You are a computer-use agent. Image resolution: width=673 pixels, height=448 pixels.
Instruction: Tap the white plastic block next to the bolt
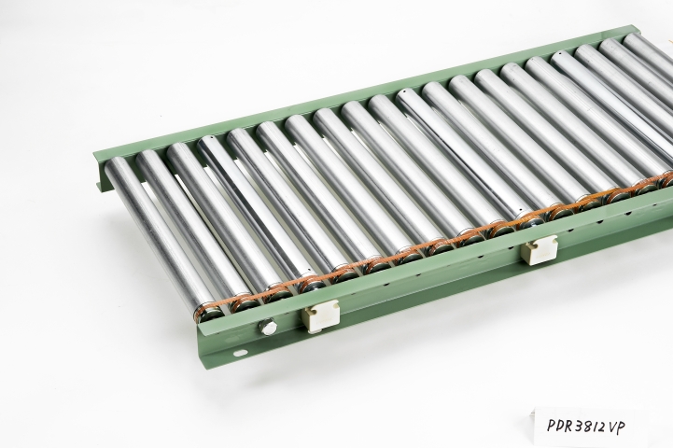coord(321,317)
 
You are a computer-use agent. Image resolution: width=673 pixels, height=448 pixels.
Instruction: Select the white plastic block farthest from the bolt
coord(539,250)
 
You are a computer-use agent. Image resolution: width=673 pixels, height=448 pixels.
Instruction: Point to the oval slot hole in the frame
coord(240,353)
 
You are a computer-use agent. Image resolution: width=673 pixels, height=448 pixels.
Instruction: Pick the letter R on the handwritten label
coord(567,427)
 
